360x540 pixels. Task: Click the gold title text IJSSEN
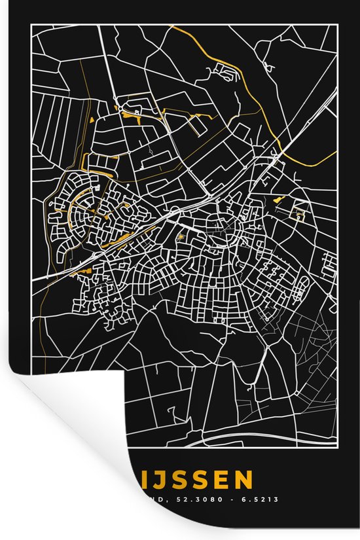coord(196,482)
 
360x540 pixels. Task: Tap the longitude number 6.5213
coord(261,499)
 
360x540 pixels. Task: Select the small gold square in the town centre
coord(180,237)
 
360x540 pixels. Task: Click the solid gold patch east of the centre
coord(278,199)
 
